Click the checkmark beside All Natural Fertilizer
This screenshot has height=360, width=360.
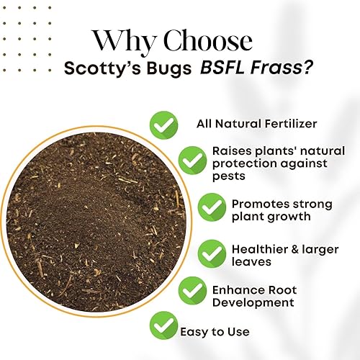(x=163, y=123)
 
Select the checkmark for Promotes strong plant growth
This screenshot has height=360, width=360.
(x=212, y=207)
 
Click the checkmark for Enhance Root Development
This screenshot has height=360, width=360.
(x=192, y=291)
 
